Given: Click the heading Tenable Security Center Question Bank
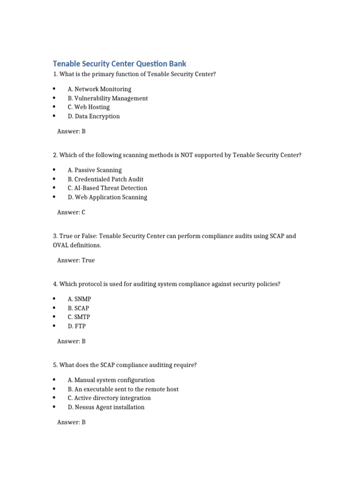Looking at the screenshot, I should pyautogui.click(x=119, y=63).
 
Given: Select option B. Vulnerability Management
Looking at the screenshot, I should pyautogui.click(x=107, y=98).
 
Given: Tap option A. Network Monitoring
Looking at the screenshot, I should pyautogui.click(x=99, y=89).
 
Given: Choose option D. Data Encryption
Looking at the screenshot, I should pyautogui.click(x=93, y=116).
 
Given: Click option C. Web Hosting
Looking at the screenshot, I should pyautogui.click(x=89, y=107).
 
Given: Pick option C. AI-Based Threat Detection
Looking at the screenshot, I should pyautogui.click(x=107, y=188).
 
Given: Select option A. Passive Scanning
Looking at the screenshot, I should pyautogui.click(x=94, y=170).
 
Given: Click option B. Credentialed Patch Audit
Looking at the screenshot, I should pyautogui.click(x=105, y=179).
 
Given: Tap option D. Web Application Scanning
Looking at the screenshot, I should pyautogui.click(x=107, y=197).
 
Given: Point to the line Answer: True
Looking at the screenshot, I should pyautogui.click(x=76, y=260).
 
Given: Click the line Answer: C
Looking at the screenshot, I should pyautogui.click(x=71, y=212).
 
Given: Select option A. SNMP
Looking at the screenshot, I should pyautogui.click(x=76, y=299).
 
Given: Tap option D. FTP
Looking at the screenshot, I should pyautogui.click(x=76, y=326).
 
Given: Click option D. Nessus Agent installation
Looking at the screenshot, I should pyautogui.click(x=106, y=407).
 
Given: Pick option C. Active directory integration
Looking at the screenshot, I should pyautogui.click(x=109, y=398).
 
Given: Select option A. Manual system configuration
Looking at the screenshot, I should pyautogui.click(x=111, y=380).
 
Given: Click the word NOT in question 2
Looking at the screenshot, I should pyautogui.click(x=186, y=155).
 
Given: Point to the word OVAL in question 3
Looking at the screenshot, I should pyautogui.click(x=62, y=245).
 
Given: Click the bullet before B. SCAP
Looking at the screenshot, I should pyautogui.click(x=54, y=308).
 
